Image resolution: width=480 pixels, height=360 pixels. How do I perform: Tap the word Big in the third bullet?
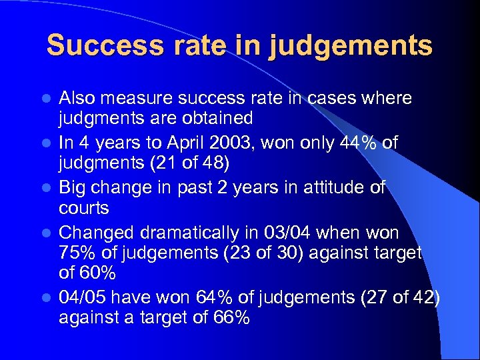click(x=74, y=188)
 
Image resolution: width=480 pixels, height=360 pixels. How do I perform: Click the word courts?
click(x=84, y=209)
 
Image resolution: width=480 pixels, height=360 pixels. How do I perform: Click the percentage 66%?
click(x=227, y=319)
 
